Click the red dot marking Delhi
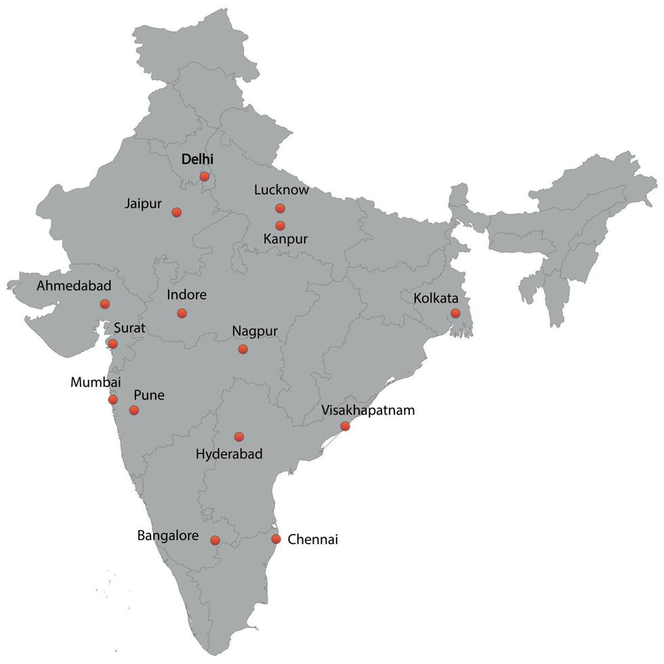204,176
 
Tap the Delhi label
197,159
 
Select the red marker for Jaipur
176,212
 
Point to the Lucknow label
281,190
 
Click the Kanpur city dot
280,226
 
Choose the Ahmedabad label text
74,285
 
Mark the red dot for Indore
182,313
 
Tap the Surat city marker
112,344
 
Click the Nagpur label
255,331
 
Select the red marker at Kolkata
455,313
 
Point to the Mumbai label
96,382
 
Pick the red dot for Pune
134,410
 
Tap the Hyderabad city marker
238,437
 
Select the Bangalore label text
168,536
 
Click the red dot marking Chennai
276,539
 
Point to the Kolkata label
436,298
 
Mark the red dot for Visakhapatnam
345,426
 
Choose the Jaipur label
144,203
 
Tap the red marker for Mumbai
112,400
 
